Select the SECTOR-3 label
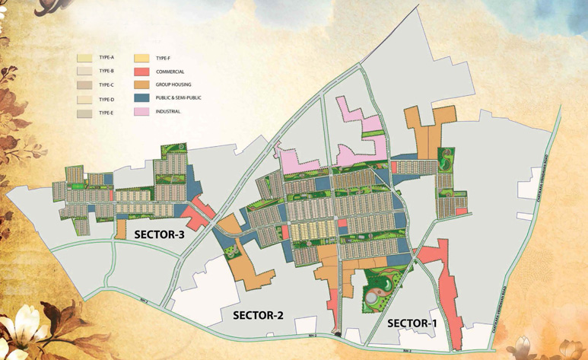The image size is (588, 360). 160,234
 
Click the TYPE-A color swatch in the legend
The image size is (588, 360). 85,57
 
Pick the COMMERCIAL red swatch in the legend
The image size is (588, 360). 141,71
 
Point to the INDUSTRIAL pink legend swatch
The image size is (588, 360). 141,112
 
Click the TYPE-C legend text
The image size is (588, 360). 106,84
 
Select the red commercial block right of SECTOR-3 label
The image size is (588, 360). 198,213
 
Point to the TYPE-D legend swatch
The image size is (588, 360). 85,99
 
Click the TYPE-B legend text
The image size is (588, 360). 106,71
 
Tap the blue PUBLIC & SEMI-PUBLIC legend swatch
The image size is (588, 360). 141,98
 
